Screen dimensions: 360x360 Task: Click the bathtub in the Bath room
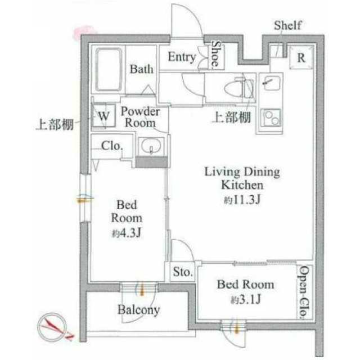tap(109, 70)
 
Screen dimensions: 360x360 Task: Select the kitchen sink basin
tap(271, 83)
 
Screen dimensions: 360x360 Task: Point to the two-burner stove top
tap(271, 117)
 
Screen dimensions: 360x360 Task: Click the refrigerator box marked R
tap(301, 57)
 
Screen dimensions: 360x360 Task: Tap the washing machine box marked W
tap(103, 115)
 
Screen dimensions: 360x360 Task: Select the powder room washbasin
tap(151, 146)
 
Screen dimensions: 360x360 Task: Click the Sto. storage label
tap(182, 272)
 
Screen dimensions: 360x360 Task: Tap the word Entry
tap(182, 57)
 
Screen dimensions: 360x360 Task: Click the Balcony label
tap(139, 310)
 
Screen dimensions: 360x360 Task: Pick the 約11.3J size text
tap(242, 200)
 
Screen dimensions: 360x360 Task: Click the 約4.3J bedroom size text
tap(126, 233)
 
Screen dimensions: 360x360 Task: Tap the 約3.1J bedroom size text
tap(246, 299)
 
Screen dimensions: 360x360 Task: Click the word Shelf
tap(287, 25)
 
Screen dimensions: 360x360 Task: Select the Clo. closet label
tap(112, 146)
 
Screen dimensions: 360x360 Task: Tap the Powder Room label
tap(140, 117)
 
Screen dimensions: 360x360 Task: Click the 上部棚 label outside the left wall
tap(55, 125)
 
